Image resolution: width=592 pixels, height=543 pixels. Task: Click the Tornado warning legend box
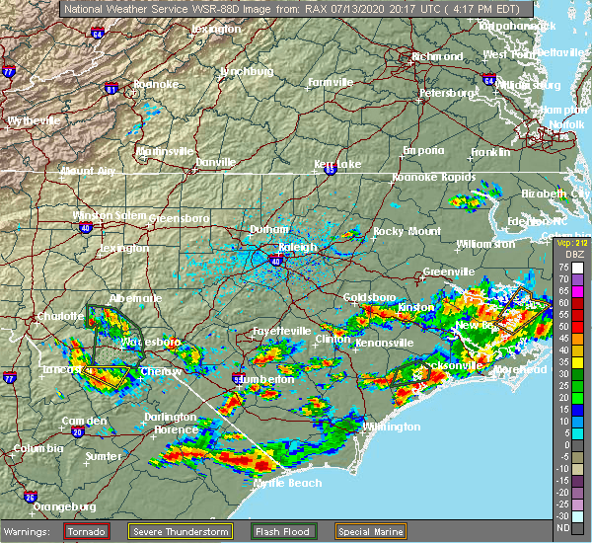[73, 530]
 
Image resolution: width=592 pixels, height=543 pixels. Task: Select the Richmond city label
[437, 56]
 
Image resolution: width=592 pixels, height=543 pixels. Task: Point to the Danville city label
[215, 162]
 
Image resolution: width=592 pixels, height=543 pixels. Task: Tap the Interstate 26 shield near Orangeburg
[30, 497]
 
